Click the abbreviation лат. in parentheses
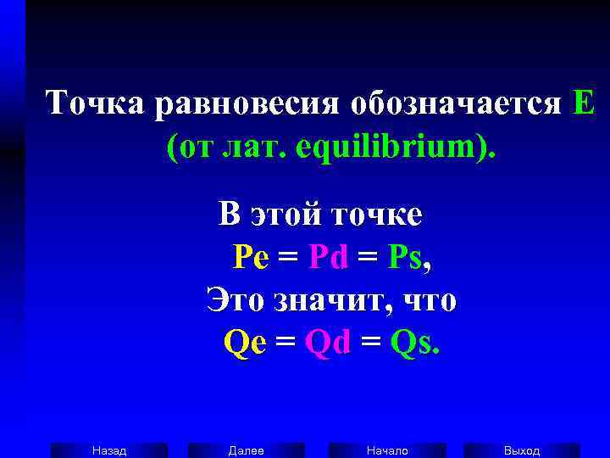click(253, 149)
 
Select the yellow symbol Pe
click(250, 256)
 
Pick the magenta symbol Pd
click(329, 256)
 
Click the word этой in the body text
click(285, 215)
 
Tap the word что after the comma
click(429, 299)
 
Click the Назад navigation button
click(109, 450)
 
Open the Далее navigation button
click(247, 450)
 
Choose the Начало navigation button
click(387, 450)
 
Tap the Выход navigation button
click(522, 450)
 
